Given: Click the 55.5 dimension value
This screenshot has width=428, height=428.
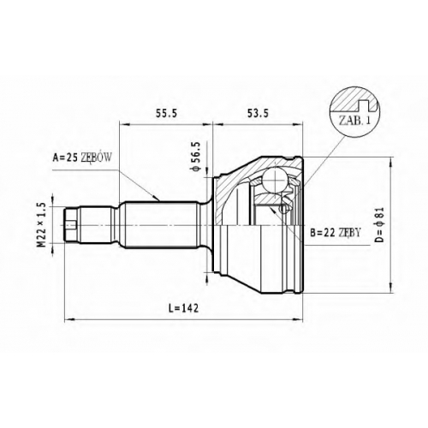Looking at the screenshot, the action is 166,113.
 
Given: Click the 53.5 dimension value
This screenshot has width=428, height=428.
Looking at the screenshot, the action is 258,113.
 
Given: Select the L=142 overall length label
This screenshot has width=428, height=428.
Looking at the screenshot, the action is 183,308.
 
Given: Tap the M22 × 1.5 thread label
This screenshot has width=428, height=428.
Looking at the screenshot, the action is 42,224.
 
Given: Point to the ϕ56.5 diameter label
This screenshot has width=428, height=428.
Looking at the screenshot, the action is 197,157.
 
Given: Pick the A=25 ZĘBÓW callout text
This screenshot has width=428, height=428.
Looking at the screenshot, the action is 82,158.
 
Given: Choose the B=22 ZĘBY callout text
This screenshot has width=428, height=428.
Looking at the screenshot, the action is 336,233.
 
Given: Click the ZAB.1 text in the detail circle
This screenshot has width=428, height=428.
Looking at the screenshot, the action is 354,120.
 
